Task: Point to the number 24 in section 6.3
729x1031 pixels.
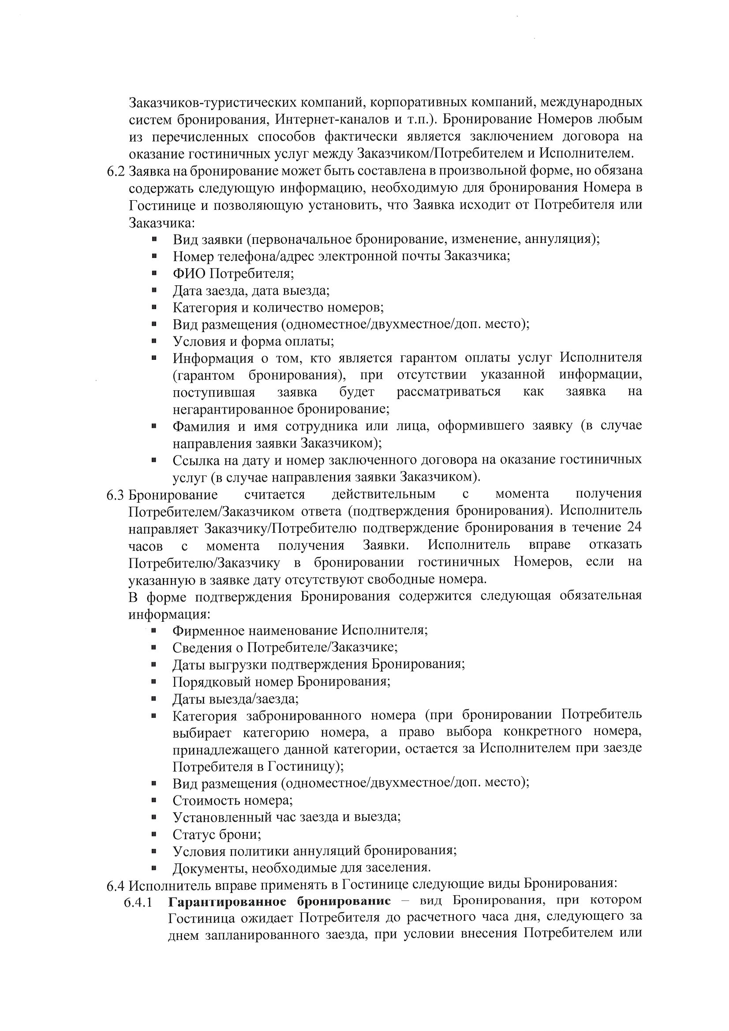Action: point(633,527)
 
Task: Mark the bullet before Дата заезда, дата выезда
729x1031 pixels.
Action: point(154,291)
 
